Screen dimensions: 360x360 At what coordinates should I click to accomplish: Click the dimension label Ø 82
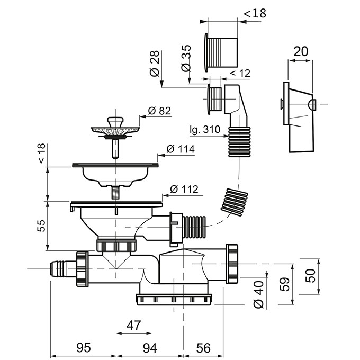(160, 111)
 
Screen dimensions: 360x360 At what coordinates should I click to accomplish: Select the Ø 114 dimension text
(181, 149)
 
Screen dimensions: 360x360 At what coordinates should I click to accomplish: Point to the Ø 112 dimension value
(185, 189)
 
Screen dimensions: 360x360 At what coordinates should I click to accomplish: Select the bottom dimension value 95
(83, 348)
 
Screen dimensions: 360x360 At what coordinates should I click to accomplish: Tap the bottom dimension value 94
(151, 348)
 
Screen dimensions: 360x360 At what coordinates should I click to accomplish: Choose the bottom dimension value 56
(203, 348)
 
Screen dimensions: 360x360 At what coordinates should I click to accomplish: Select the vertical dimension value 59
(284, 284)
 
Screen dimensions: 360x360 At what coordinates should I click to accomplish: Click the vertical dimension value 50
(313, 275)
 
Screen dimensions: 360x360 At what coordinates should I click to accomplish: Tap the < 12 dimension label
(239, 73)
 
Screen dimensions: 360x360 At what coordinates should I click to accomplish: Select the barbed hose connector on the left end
(62, 269)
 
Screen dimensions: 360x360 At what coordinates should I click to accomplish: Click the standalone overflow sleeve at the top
(219, 51)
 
